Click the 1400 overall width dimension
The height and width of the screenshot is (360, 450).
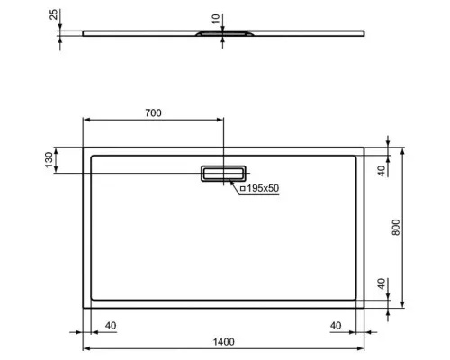coord(224,340)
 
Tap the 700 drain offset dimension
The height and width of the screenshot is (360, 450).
coord(153,112)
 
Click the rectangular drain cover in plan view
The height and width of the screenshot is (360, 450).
coord(222,173)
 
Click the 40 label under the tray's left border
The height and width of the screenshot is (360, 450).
coord(112,326)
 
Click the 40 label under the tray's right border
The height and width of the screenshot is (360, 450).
coord(336,326)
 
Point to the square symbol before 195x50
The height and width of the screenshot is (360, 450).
coord(242,187)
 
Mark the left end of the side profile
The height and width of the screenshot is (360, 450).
coord(85,34)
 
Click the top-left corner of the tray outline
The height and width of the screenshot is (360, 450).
coord(85,146)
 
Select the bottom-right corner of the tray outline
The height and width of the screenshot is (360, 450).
coord(364,306)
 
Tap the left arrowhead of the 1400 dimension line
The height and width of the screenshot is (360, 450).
coord(86,347)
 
